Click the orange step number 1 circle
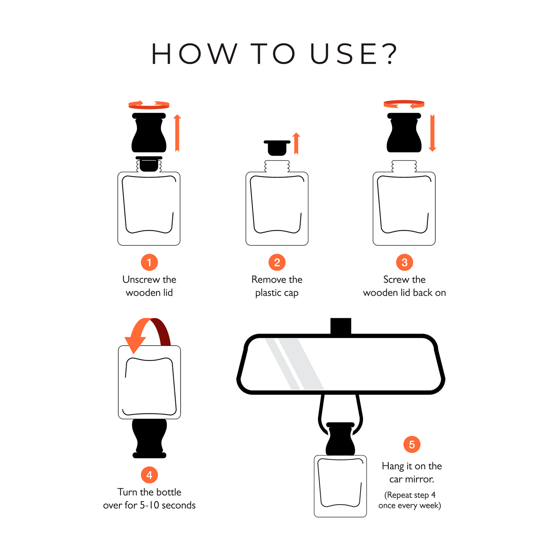tap(149, 262)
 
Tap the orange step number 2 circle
tap(277, 262)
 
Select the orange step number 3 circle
tap(404, 262)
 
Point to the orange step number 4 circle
tap(149, 475)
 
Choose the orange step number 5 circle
tap(412, 445)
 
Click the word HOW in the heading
tap(194, 54)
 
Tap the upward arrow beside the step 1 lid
tap(177, 133)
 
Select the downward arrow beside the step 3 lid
tap(432, 133)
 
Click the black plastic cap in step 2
tap(277, 147)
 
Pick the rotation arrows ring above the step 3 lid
tap(404, 104)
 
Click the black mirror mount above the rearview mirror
tap(341, 326)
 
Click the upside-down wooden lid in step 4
tap(149, 438)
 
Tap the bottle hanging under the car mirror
tap(340, 486)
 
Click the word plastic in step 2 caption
tap(268, 293)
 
